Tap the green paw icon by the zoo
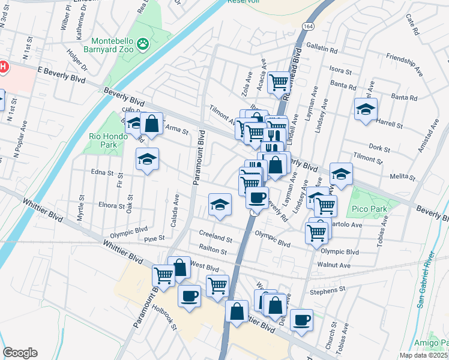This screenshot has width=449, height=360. [x=143, y=43]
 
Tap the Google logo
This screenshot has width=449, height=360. [x=20, y=353]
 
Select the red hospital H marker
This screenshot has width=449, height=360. [x=2, y=66]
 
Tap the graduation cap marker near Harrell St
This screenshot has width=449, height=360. [x=366, y=110]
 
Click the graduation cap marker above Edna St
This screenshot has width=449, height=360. [x=146, y=160]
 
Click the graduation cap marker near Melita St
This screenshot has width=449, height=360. [x=341, y=174]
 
